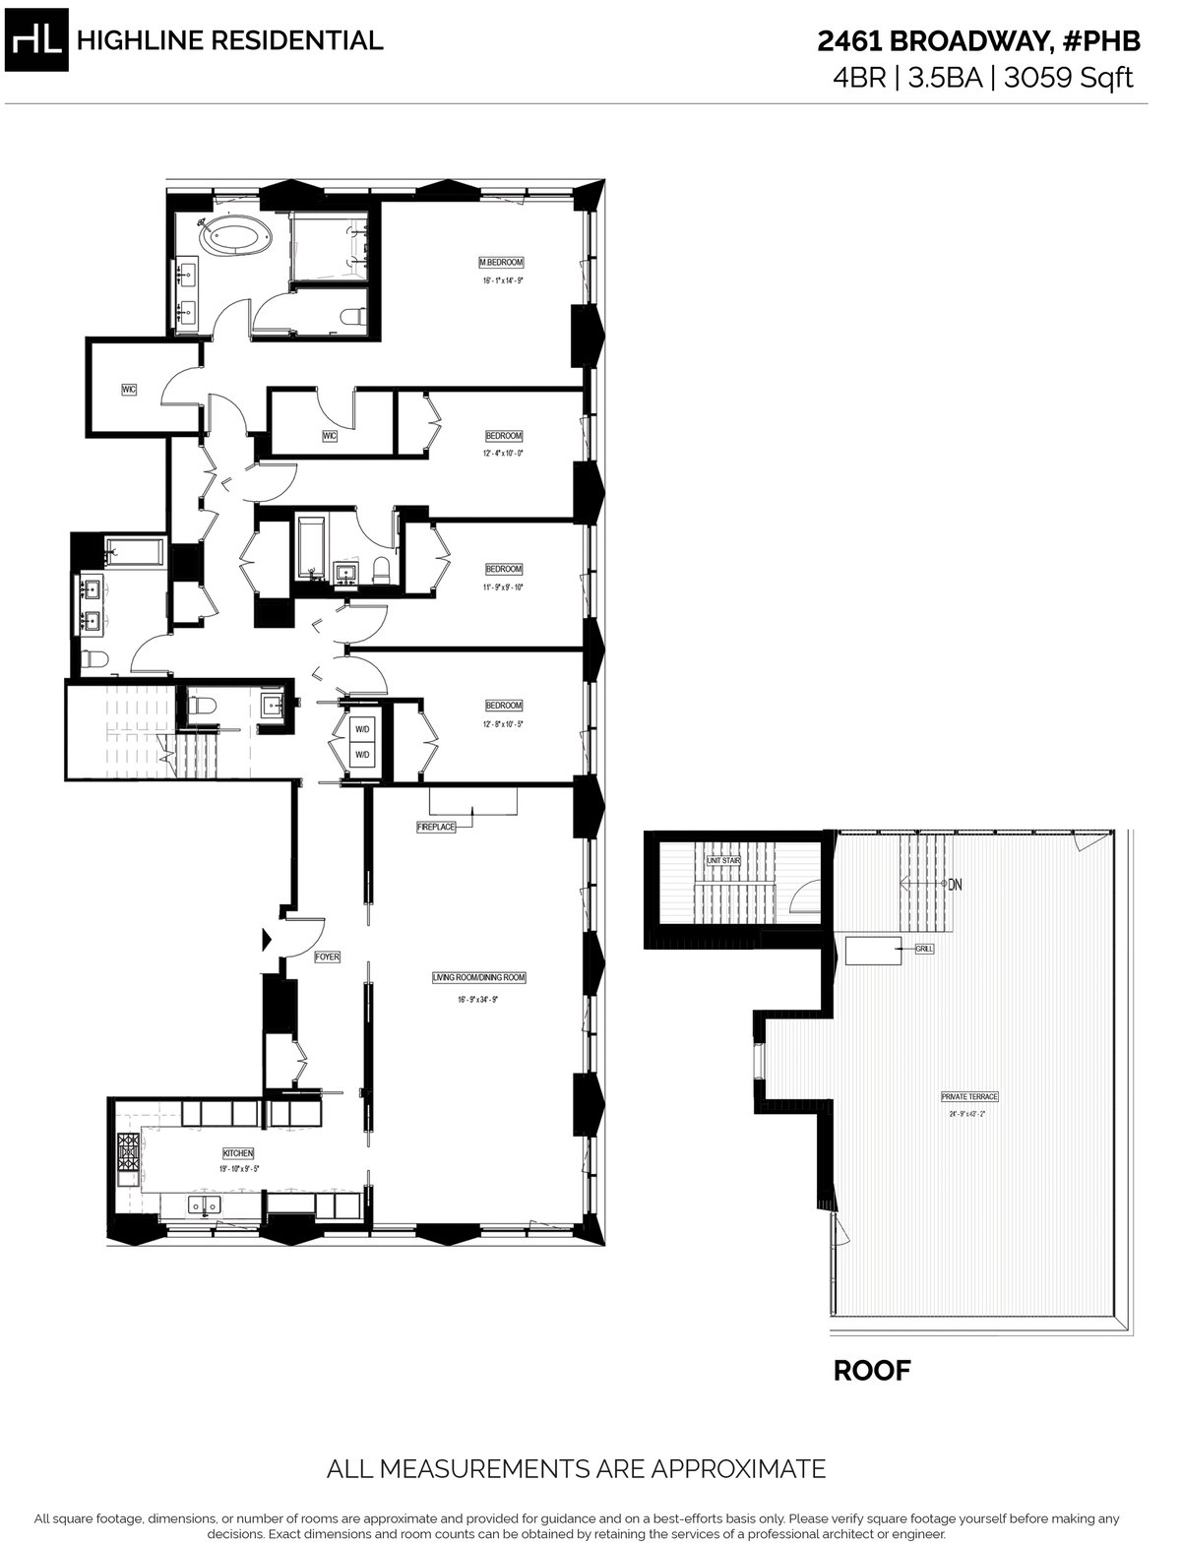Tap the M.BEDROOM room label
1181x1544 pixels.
click(500, 263)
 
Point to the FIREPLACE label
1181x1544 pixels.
click(436, 828)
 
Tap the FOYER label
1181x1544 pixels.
click(327, 957)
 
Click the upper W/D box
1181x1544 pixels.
click(361, 730)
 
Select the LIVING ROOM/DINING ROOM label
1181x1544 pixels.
click(479, 978)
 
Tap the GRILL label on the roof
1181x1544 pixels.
click(924, 949)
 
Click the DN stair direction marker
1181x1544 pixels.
click(955, 884)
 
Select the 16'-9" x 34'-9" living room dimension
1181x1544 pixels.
click(479, 1000)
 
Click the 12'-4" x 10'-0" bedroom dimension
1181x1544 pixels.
click(503, 454)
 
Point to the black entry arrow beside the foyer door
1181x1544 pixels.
click(267, 940)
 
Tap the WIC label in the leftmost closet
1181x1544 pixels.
click(129, 390)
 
